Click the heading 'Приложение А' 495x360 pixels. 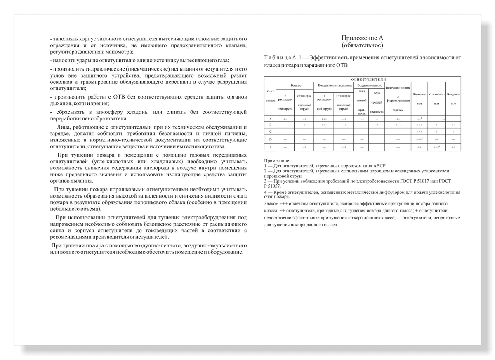click(x=362, y=38)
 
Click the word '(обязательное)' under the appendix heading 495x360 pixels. click(x=362, y=45)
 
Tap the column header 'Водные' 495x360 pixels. click(x=296, y=85)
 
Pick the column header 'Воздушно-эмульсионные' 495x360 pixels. click(x=335, y=85)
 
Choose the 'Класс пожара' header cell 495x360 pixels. click(x=270, y=95)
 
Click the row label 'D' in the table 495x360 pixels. click(x=270, y=139)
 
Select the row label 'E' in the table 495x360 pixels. click(x=270, y=147)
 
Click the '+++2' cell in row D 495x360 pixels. click(x=420, y=139)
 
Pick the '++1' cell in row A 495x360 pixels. click(x=419, y=118)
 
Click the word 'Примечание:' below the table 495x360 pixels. click(x=277, y=160)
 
